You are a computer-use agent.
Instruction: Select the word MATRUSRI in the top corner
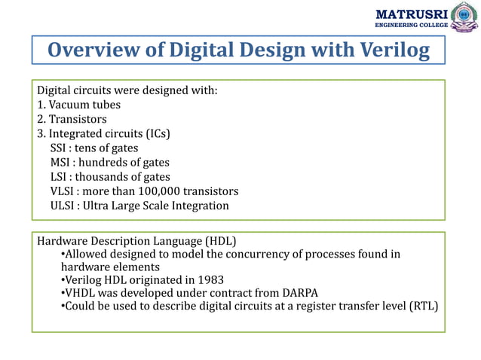pyautogui.click(x=411, y=14)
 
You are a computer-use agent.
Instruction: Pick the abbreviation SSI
pyautogui.click(x=60, y=148)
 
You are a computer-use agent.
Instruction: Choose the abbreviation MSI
pyautogui.click(x=61, y=162)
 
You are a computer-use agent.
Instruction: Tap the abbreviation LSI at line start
pyautogui.click(x=60, y=176)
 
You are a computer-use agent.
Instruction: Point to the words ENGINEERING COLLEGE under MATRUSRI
pyautogui.click(x=411, y=26)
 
